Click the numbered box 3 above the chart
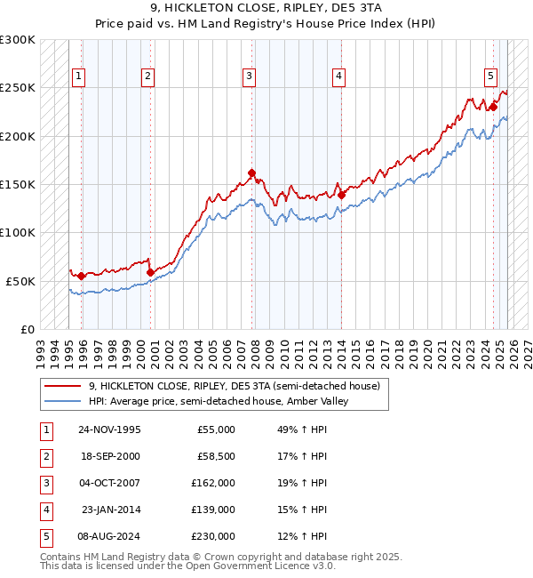250,77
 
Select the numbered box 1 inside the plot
79,77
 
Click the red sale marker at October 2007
252,173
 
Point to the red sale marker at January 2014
341,195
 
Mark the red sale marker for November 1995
82,276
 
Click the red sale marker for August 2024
492,108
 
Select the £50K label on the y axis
21,280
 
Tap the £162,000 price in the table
213,483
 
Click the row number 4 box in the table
45,510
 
